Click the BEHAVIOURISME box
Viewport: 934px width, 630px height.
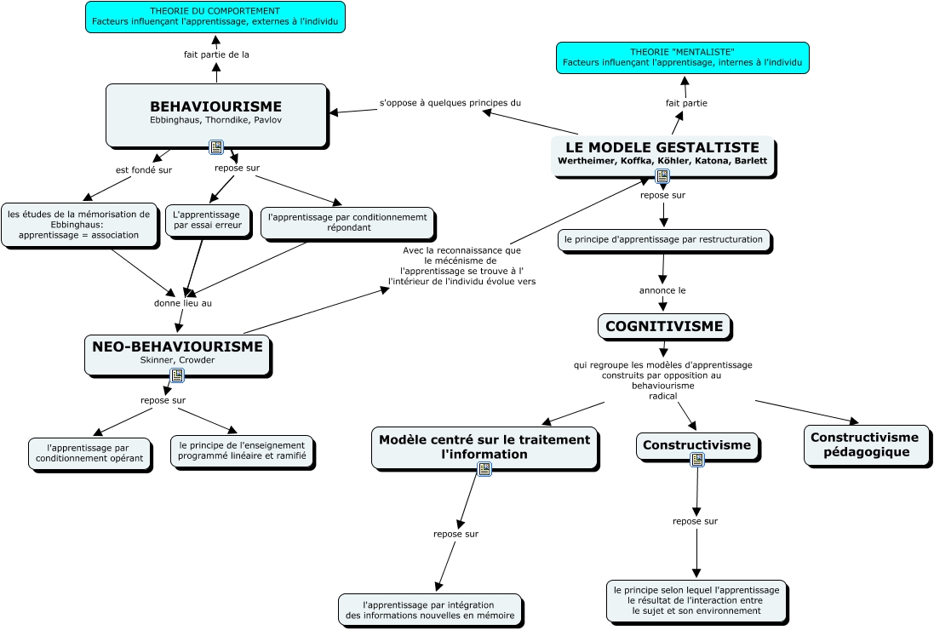coord(217,115)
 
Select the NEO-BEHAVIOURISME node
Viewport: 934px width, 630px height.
coord(177,356)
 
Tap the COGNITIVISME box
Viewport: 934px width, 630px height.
coord(664,326)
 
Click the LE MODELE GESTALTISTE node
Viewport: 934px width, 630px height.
coord(663,156)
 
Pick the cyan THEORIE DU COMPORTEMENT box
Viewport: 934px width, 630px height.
coord(215,17)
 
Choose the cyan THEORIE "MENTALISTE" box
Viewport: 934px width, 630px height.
coord(683,58)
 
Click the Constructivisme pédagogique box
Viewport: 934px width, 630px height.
coord(866,444)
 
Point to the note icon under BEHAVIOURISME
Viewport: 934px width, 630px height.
coord(216,146)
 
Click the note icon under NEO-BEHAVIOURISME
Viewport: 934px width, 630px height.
coord(177,375)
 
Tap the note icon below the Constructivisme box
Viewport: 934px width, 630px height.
coord(697,460)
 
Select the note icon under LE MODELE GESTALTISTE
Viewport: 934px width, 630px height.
coord(662,176)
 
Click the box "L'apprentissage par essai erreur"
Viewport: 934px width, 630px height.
coord(208,220)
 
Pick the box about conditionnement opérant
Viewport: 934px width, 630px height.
coord(90,455)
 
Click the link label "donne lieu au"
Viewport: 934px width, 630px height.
coord(183,303)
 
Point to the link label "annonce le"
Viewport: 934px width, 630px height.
coord(662,290)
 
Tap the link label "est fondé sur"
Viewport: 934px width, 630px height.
coord(144,170)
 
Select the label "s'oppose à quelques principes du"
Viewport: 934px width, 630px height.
coord(450,103)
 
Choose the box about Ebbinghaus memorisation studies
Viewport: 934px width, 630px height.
coord(80,226)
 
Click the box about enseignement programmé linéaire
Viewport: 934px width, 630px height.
coord(242,452)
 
